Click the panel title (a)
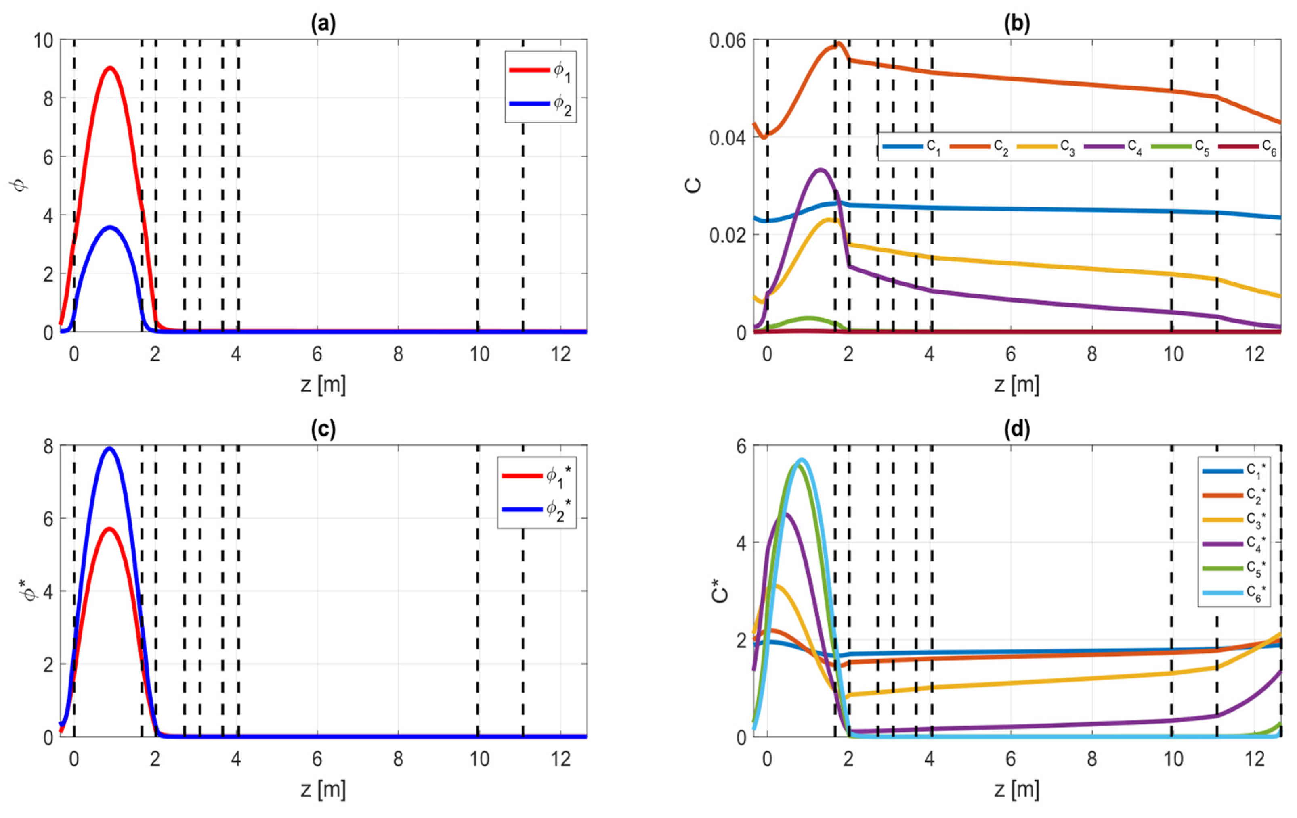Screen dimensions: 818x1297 pos(323,24)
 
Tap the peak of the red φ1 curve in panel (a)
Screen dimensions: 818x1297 pos(110,68)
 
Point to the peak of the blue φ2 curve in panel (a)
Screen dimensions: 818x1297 pos(110,227)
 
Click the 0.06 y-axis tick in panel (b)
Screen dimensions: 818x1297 pos(727,40)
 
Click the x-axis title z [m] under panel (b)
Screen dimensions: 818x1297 pos(1016,385)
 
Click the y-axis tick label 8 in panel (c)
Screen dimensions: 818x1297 pos(48,446)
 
